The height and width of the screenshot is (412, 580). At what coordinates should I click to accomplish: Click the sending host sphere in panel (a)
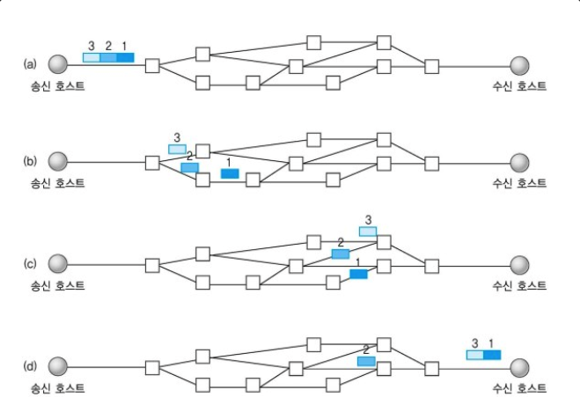point(58,64)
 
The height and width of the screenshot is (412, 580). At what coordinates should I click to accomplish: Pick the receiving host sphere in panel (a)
point(519,64)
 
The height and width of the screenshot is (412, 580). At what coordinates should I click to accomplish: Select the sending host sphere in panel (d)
point(58,365)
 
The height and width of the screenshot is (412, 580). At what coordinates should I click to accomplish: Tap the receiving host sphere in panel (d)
point(519,365)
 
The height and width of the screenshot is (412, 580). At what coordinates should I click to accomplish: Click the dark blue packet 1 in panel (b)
point(230,173)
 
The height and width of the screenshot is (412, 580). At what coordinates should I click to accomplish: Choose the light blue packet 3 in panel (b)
point(177,150)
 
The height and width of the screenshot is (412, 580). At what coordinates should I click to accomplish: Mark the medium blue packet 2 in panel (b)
point(189,167)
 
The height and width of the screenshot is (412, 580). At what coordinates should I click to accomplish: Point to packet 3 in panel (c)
point(368,232)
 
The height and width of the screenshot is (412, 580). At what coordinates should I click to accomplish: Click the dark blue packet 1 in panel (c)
point(358,274)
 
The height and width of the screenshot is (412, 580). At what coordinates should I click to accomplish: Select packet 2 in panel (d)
point(366,361)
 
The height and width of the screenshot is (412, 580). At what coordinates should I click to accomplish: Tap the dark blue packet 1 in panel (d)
point(492,355)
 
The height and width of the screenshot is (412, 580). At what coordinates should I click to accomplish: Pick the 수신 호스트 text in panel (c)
point(520,285)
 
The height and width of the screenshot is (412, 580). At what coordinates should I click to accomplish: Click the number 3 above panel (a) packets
point(92,45)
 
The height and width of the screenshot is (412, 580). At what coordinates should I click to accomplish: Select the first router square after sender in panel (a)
point(151,65)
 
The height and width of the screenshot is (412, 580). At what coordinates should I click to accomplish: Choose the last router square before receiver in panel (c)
point(431,265)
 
